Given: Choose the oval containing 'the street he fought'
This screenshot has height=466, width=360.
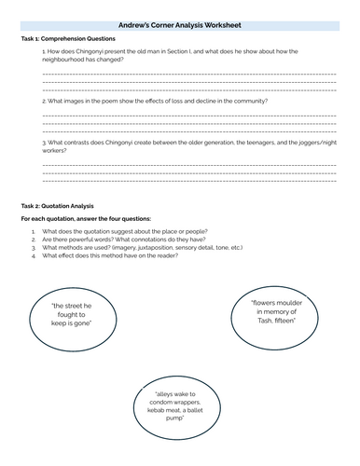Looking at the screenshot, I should coord(77,326).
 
